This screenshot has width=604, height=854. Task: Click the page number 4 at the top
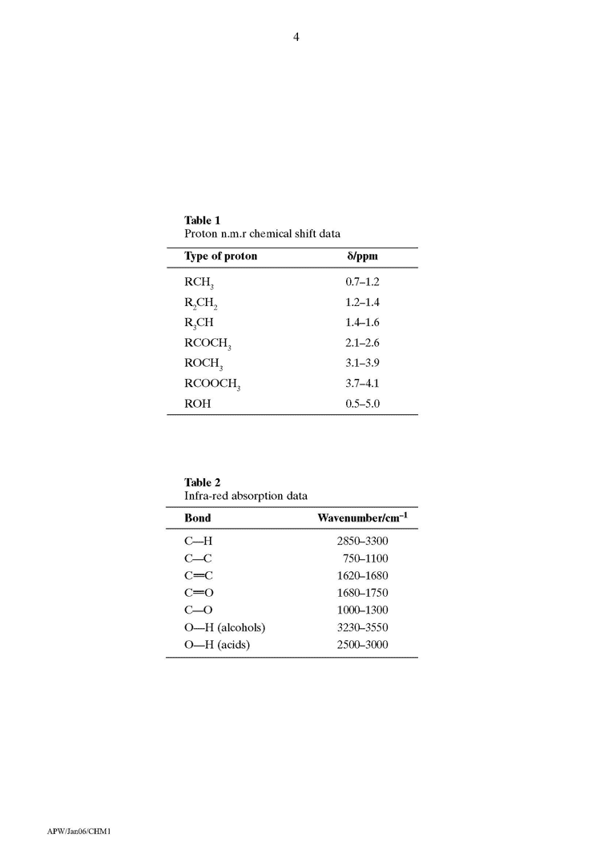[296, 36]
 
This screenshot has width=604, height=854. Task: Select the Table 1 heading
[202, 220]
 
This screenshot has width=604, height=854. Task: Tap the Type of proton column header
[221, 257]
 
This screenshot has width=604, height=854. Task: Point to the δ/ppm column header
[361, 257]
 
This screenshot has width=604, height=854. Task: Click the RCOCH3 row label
[207, 344]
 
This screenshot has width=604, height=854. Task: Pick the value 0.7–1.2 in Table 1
[362, 283]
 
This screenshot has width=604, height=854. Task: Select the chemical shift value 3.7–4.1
[362, 384]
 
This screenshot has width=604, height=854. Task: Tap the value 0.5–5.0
[362, 404]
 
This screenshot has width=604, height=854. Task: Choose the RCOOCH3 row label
[212, 384]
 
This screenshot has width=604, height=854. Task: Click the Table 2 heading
[202, 482]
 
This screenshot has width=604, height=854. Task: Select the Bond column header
[198, 518]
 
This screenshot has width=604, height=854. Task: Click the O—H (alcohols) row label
[224, 627]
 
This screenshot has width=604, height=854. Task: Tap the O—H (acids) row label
[217, 644]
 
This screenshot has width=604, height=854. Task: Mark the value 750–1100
[368, 558]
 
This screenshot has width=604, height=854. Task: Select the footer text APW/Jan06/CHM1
[79, 832]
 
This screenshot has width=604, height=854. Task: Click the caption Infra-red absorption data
[246, 497]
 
